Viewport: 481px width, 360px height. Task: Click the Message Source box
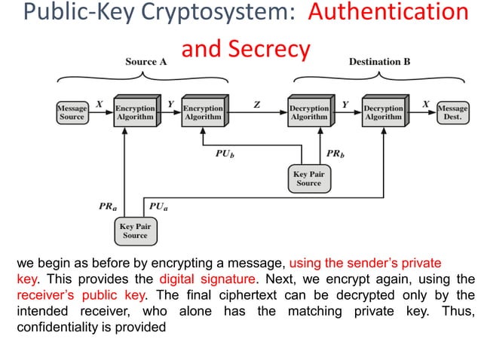click(x=72, y=112)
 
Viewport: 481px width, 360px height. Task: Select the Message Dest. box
click(x=452, y=112)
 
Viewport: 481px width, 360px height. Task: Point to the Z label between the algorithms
click(x=257, y=105)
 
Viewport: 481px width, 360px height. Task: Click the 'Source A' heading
click(x=146, y=62)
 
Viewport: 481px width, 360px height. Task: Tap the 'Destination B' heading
click(x=379, y=62)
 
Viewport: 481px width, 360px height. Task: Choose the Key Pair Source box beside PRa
click(x=136, y=230)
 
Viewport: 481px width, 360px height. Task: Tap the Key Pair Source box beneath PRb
click(x=308, y=178)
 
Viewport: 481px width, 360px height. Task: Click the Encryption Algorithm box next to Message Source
click(x=135, y=112)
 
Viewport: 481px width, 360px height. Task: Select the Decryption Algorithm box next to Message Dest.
click(x=383, y=112)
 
